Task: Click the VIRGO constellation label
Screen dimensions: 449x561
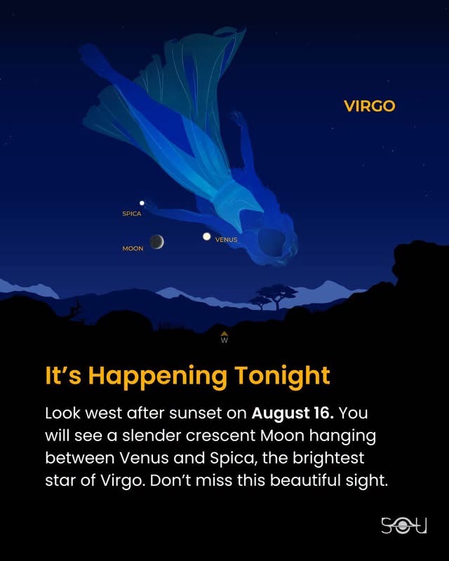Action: click(x=369, y=106)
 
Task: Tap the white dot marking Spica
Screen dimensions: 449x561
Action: click(x=142, y=203)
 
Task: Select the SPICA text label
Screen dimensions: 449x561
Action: click(x=132, y=214)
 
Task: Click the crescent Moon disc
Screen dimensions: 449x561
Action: click(x=156, y=242)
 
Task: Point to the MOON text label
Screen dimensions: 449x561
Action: click(x=133, y=248)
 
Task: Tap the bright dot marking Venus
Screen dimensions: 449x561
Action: click(x=206, y=236)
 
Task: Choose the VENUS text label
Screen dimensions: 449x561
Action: click(x=227, y=240)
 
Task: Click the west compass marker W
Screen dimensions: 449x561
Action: click(x=224, y=338)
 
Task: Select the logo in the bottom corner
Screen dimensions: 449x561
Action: click(x=404, y=525)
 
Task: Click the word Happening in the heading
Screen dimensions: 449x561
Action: click(x=158, y=377)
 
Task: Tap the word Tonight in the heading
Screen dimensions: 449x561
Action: click(x=283, y=377)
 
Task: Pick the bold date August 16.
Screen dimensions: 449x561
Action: click(x=293, y=413)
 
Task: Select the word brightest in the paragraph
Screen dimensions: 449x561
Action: click(x=328, y=458)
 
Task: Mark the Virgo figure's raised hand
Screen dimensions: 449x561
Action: click(x=238, y=118)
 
